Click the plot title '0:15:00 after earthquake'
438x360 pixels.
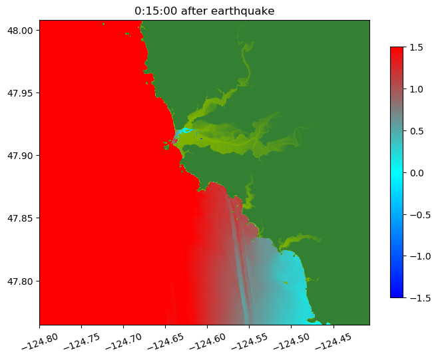(x=204, y=11)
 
